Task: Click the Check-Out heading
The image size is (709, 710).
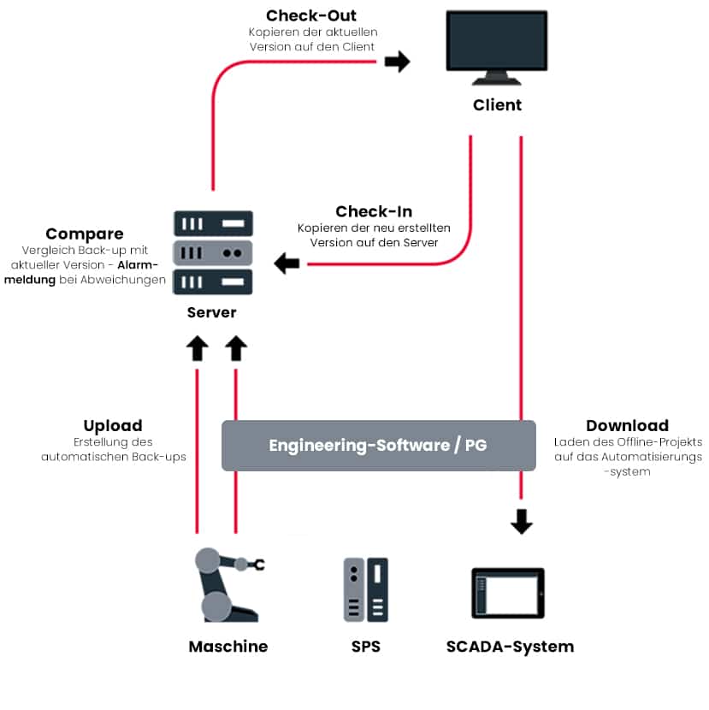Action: tap(311, 15)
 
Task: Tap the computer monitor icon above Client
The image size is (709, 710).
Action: tap(497, 47)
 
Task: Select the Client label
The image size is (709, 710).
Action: tap(497, 105)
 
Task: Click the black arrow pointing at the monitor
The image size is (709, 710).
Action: tap(397, 62)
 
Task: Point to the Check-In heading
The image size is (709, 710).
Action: tap(374, 211)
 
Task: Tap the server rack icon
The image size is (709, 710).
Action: tap(213, 252)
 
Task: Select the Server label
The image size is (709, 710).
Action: tap(212, 312)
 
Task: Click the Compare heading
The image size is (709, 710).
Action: tap(85, 234)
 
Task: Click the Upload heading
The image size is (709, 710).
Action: tap(113, 425)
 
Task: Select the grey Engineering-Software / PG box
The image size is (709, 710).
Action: tap(378, 445)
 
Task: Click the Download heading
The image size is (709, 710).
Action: tap(627, 425)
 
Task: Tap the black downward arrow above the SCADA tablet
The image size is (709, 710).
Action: tap(521, 521)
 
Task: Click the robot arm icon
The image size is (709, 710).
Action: tap(225, 584)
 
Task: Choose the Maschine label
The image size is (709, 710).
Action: tap(227, 647)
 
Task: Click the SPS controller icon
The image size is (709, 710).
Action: tap(365, 589)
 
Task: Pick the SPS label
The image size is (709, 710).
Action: tap(365, 647)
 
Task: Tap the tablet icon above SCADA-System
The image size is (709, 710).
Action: tap(508, 594)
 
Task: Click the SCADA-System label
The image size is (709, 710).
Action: tap(510, 647)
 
